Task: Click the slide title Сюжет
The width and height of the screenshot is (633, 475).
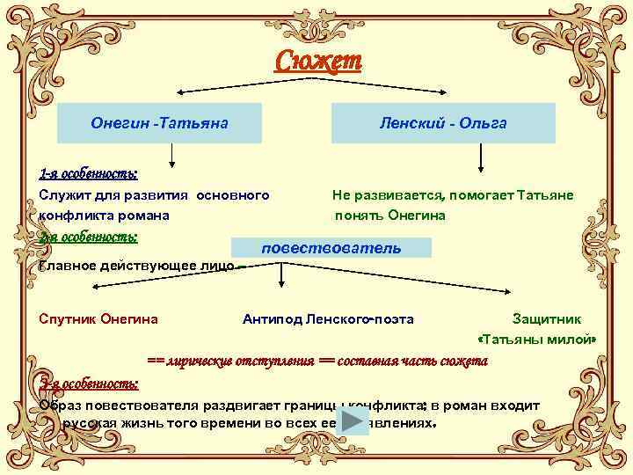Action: tap(317, 62)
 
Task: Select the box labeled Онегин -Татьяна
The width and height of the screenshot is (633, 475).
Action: tap(159, 123)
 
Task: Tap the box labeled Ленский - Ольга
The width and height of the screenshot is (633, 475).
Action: tap(443, 123)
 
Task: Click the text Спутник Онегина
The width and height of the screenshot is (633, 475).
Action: tap(98, 318)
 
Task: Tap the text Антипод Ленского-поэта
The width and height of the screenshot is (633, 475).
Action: tap(328, 318)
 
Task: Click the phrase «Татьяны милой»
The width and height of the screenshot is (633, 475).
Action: tap(536, 340)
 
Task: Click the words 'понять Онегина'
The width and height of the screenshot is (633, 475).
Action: tap(390, 215)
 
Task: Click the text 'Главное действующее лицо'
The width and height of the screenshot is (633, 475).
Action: tap(136, 266)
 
